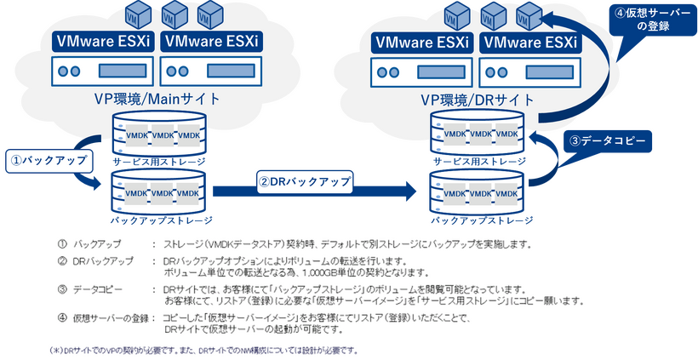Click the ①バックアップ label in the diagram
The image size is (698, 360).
45,159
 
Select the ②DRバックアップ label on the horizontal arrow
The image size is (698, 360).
303,181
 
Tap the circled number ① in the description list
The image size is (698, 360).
62,244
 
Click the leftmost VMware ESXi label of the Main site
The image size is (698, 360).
102,40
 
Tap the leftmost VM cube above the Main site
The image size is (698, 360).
137,14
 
